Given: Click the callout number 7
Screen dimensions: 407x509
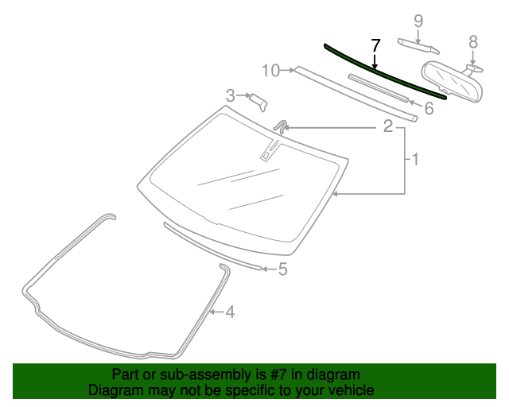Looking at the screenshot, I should (376, 45).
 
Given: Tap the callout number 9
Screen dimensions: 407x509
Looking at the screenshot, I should (418, 20).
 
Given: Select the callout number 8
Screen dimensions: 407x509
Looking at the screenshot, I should (473, 41).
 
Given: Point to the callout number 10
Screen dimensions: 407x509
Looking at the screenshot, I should (270, 71).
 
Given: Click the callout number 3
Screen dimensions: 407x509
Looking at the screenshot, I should (231, 95).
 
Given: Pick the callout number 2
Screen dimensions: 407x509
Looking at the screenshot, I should (388, 126).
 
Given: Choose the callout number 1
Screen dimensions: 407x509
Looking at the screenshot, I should (415, 160).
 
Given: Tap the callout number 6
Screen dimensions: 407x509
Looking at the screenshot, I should (429, 108).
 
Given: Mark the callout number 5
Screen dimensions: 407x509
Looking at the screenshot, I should (282, 269).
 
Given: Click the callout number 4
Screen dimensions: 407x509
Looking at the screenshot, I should (230, 312).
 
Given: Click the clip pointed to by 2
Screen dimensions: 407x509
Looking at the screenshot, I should (281, 126).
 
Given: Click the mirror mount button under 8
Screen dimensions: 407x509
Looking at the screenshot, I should (473, 67).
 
